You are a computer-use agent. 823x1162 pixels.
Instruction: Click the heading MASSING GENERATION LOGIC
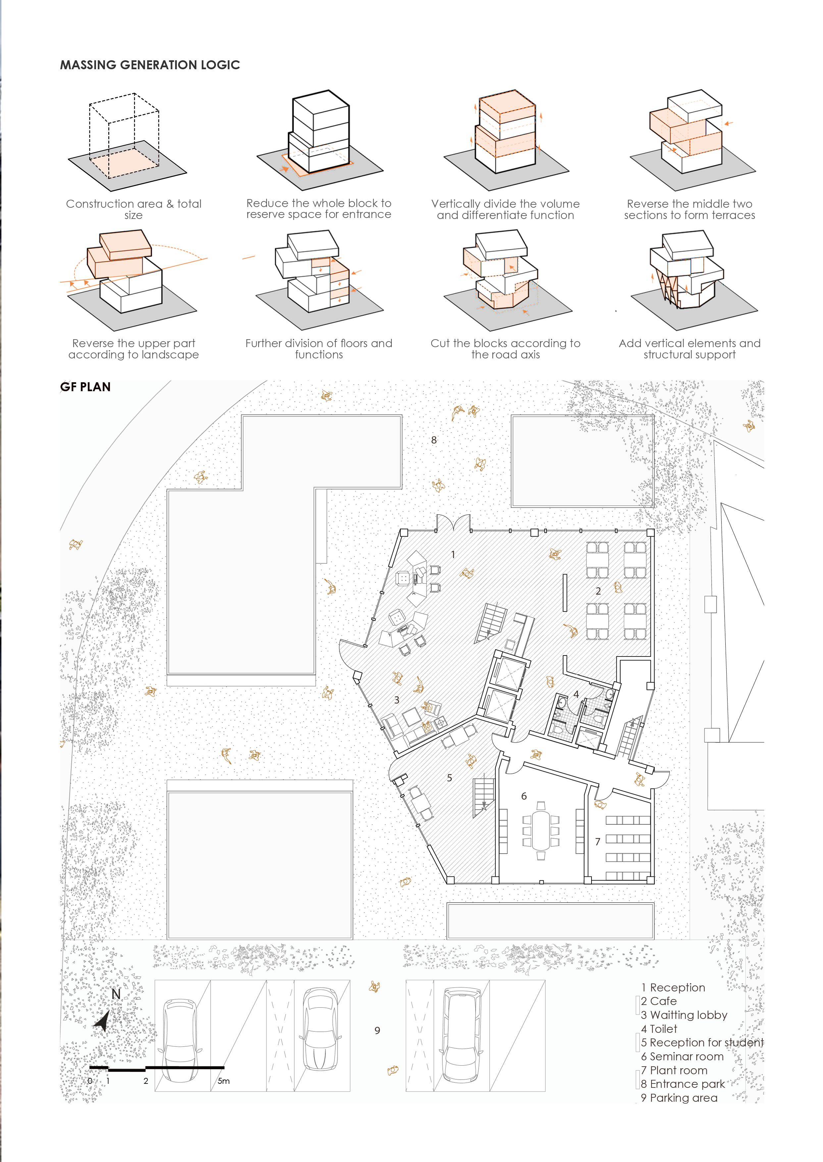coord(150,65)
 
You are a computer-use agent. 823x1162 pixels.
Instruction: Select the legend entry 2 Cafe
coord(658,1001)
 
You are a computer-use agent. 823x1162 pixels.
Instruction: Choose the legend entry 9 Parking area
coord(679,1098)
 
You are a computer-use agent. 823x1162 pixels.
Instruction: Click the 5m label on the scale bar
coord(224,1081)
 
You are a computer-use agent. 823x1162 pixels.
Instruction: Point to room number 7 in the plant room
coord(597,842)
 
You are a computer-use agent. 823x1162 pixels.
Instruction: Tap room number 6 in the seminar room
coord(524,796)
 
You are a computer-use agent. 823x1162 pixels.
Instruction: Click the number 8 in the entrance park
coord(434,440)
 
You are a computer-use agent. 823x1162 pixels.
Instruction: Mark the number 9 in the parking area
coord(377,1030)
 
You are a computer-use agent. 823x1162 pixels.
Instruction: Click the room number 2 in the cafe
coord(598,591)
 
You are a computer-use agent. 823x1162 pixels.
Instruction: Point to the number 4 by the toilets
coord(576,694)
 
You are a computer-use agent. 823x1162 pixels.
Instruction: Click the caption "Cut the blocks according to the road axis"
coord(505,349)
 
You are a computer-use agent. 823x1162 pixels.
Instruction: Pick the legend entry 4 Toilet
coord(659,1029)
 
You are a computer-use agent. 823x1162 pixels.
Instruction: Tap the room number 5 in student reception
coord(449,777)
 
